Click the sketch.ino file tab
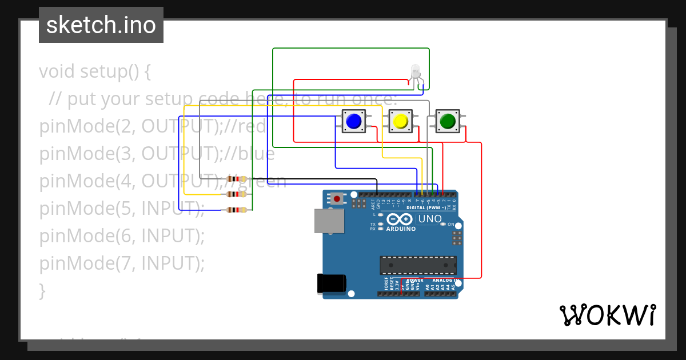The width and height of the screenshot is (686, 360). coord(101,25)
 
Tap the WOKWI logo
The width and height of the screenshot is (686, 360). coord(607,315)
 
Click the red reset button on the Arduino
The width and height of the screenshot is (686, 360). coord(337,199)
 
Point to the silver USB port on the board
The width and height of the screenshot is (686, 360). coord(329,221)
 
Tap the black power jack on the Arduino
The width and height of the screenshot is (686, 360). coord(331,283)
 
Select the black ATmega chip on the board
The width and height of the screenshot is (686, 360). coord(418,265)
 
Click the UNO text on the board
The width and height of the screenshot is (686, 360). coord(430,219)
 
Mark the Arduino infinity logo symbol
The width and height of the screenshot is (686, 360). coord(399,219)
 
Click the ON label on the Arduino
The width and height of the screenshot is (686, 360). coord(451,225)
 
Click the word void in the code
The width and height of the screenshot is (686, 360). coord(57,72)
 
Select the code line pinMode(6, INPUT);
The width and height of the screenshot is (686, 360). coord(122,235)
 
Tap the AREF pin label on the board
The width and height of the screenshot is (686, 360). coord(372,202)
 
